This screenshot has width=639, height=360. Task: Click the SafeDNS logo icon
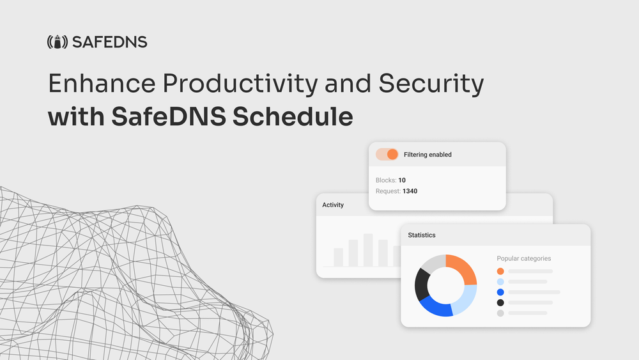click(58, 43)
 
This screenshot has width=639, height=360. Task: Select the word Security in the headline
click(431, 84)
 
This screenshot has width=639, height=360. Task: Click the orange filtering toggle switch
click(387, 154)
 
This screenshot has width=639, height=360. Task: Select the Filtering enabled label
click(427, 155)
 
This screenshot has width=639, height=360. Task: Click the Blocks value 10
click(402, 180)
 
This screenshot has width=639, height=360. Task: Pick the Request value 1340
click(410, 191)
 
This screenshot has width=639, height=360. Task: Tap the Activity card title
click(333, 205)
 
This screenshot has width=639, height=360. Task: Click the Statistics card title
click(422, 235)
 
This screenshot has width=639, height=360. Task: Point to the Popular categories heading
click(523, 258)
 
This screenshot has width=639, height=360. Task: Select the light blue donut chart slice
click(467, 297)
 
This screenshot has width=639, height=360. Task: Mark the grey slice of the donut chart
click(432, 263)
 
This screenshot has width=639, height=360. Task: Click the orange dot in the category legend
click(500, 271)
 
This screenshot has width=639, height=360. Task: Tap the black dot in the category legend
click(500, 302)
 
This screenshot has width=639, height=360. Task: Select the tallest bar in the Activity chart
click(368, 250)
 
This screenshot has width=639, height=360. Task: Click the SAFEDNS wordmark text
click(109, 43)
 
